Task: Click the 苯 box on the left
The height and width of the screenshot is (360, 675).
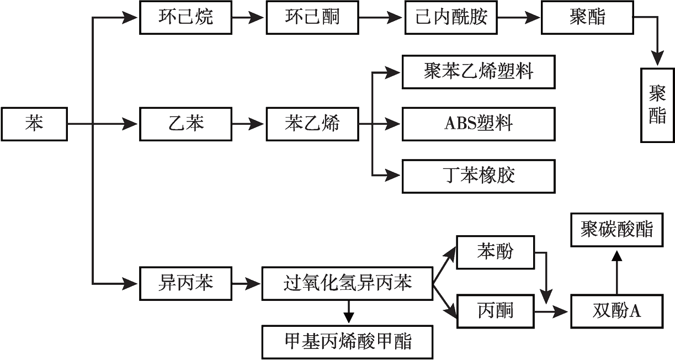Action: pyautogui.click(x=35, y=124)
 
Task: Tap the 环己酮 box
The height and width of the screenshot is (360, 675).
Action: pyautogui.click(x=312, y=17)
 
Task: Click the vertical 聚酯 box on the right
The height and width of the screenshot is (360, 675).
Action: pyautogui.click(x=657, y=105)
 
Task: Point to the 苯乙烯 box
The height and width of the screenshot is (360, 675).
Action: pyautogui.click(x=312, y=124)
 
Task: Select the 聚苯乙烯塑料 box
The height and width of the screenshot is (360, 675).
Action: pyautogui.click(x=478, y=71)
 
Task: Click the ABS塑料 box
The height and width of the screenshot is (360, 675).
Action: pyautogui.click(x=478, y=124)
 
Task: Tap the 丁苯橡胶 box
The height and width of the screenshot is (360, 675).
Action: pyautogui.click(x=478, y=176)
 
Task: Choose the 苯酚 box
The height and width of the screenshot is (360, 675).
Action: pyautogui.click(x=495, y=252)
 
